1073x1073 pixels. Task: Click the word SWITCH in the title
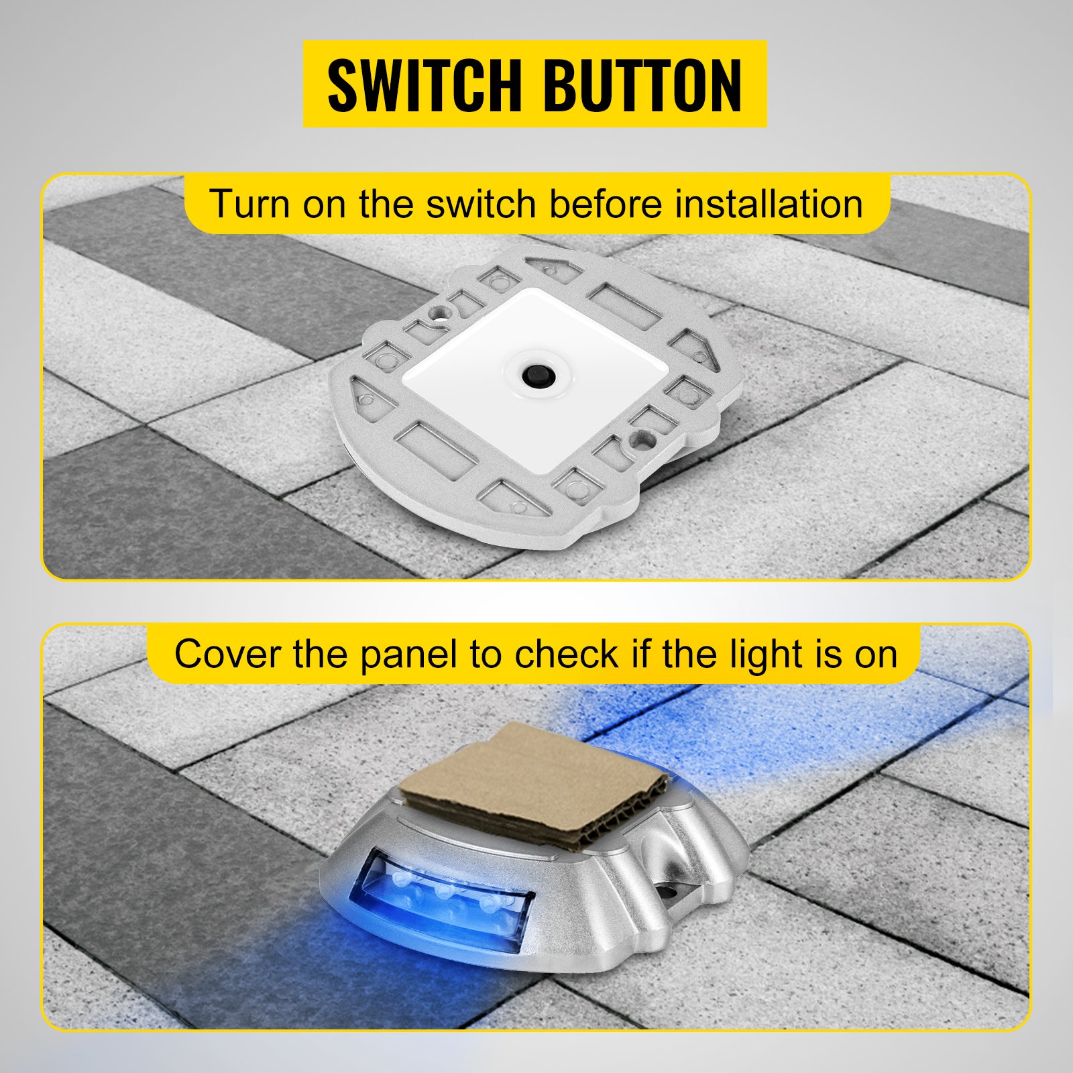pyautogui.click(x=424, y=85)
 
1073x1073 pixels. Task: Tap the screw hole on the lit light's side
pyautogui.click(x=668, y=893)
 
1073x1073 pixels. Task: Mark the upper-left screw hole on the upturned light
pyautogui.click(x=439, y=312)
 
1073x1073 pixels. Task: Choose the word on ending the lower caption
pyautogui.click(x=876, y=655)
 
